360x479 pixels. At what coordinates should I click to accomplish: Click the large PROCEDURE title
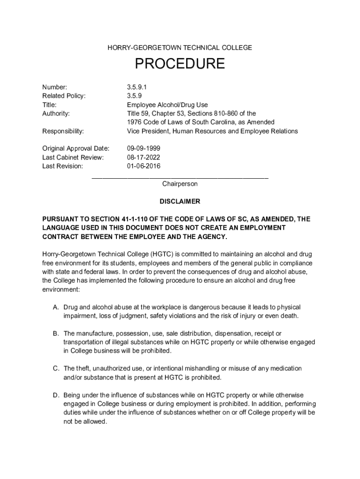pos(180,64)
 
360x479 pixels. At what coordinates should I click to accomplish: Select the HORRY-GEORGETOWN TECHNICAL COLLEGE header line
pos(180,48)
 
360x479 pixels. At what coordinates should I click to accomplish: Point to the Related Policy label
pos(64,96)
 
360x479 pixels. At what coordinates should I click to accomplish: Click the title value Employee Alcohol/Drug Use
pos(167,105)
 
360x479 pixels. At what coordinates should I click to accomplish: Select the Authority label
pos(56,114)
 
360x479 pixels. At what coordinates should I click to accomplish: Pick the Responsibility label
pos(63,131)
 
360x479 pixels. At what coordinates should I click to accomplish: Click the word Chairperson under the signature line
pos(180,184)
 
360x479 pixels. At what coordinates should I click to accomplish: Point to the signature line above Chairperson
pos(180,177)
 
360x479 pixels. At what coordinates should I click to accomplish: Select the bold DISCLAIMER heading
pos(180,202)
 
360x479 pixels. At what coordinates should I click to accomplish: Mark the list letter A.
pos(56,307)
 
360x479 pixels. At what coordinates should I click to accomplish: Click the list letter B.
pos(56,334)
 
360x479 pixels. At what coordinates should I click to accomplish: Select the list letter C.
pos(56,369)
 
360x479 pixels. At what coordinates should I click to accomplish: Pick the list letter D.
pos(56,395)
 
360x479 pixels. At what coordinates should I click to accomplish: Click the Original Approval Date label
pos(76,148)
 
